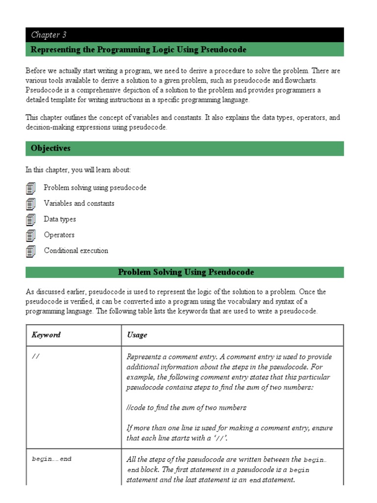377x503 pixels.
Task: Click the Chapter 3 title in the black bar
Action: coord(49,34)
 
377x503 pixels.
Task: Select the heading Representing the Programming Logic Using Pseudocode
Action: coord(138,50)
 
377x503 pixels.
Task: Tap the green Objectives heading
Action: coord(51,148)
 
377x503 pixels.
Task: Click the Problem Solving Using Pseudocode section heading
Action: coord(186,272)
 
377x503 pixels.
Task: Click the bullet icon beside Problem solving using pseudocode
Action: coord(31,188)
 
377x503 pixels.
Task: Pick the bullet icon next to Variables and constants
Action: coord(31,204)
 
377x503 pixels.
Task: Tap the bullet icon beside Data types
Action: coord(31,220)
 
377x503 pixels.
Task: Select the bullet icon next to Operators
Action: coord(31,235)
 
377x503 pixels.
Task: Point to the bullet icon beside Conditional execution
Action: coord(31,251)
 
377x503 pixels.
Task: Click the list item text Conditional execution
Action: coord(76,251)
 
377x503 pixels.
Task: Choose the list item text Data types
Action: coord(60,219)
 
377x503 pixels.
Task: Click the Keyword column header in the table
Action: coord(46,335)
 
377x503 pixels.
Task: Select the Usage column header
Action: coord(137,335)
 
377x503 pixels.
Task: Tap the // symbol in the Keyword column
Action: coord(35,357)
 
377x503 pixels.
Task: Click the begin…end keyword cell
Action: coord(52,459)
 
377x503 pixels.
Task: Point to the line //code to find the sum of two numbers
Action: coord(186,408)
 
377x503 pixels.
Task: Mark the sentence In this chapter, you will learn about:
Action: coord(79,170)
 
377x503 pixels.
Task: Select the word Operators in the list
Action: coord(59,235)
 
